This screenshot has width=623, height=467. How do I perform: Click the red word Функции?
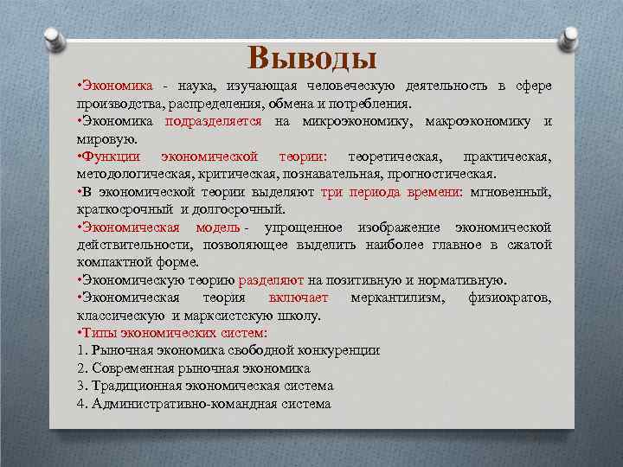point(111,157)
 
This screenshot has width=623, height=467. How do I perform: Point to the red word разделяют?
point(270,280)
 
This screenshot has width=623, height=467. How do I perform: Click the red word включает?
point(299,297)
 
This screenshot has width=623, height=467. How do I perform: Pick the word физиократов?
point(510,297)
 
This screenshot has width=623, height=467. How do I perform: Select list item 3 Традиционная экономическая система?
point(204,386)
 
